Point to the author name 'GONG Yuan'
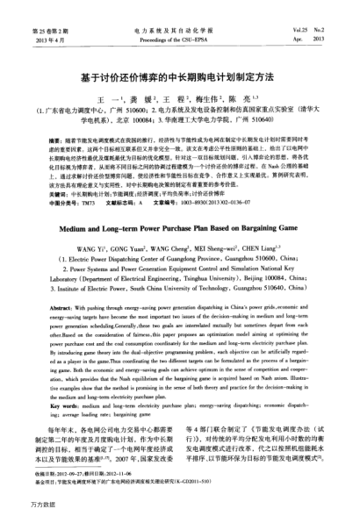coord(134,238)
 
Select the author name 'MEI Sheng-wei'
coord(218,238)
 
